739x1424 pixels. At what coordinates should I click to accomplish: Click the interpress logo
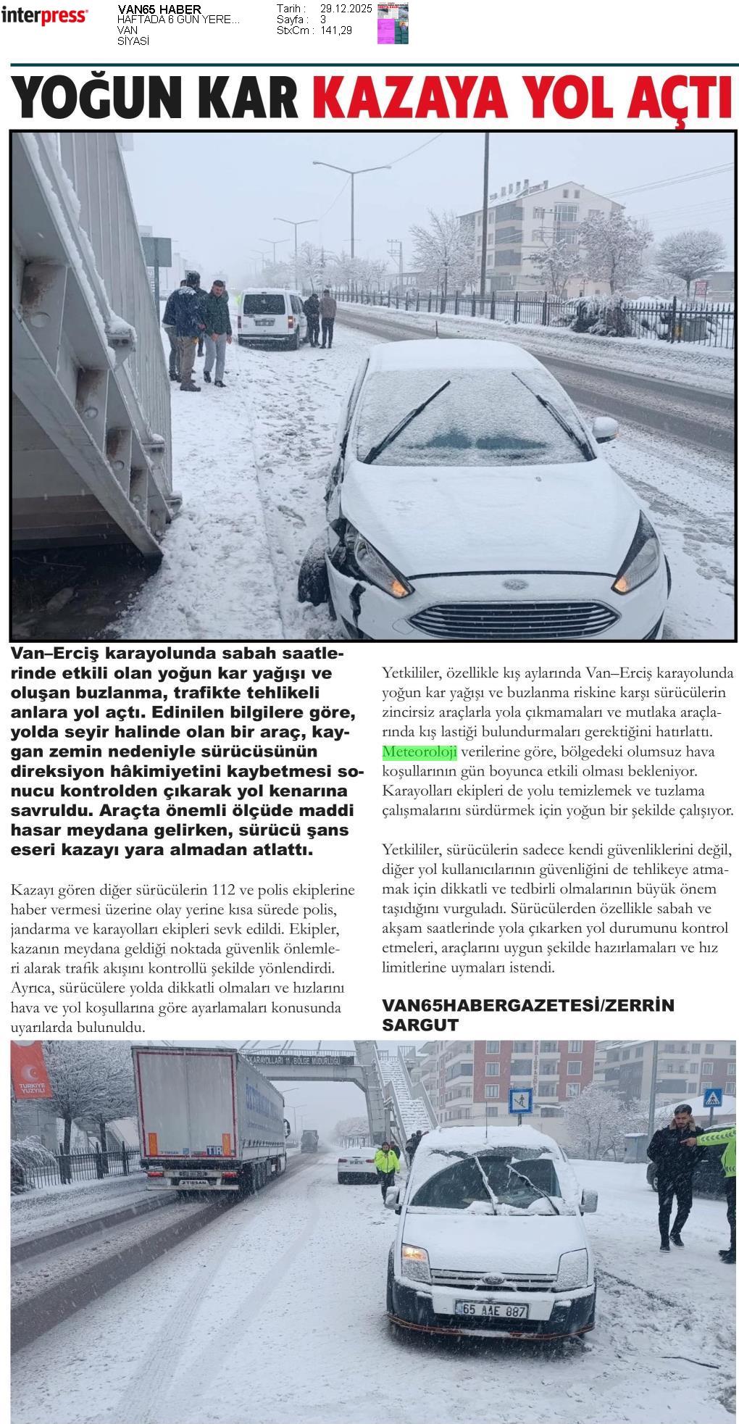click(x=44, y=16)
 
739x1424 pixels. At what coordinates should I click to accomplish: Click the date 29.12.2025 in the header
click(x=346, y=9)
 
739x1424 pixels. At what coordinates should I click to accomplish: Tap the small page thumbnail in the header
click(x=393, y=23)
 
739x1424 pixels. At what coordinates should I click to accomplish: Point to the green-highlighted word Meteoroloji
click(x=419, y=751)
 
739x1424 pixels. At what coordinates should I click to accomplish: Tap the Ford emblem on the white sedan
click(x=514, y=583)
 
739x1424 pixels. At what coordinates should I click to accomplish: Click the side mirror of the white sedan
click(x=604, y=428)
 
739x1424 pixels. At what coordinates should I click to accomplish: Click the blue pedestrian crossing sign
click(x=520, y=1101)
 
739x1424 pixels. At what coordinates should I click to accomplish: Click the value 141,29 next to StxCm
click(x=336, y=30)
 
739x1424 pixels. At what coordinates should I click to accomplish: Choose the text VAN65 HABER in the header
click(x=159, y=9)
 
